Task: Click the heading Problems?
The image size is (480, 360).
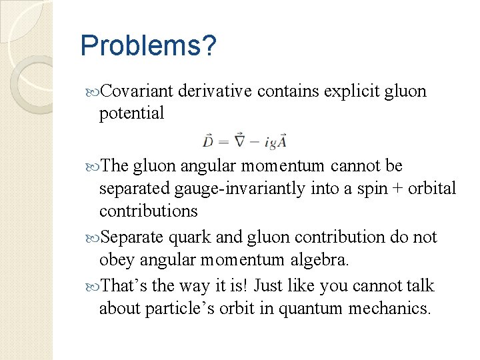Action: click(x=148, y=46)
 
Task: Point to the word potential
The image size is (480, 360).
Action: click(x=131, y=113)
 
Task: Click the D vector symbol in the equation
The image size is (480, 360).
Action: click(x=208, y=141)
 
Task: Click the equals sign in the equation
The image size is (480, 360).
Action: click(x=223, y=142)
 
